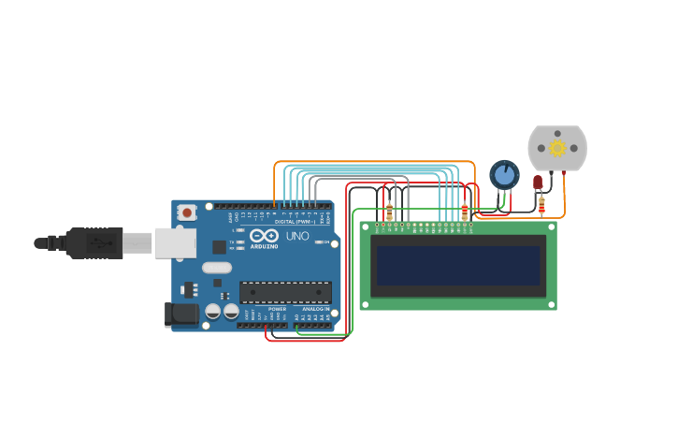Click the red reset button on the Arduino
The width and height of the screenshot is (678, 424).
[x=187, y=212]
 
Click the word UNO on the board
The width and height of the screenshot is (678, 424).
[x=296, y=237]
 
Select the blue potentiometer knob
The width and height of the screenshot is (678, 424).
[x=504, y=174]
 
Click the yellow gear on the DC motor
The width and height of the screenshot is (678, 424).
[x=557, y=148]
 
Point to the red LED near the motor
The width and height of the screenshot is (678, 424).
[x=538, y=182]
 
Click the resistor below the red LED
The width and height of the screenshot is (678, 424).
[x=541, y=205]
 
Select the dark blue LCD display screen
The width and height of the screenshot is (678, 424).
[x=458, y=266]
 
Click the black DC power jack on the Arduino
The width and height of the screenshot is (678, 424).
[x=181, y=314]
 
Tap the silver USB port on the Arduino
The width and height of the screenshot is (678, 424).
[x=175, y=242]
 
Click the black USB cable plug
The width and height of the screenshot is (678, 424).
[x=94, y=242]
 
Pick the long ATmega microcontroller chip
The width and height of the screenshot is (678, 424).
[x=284, y=292]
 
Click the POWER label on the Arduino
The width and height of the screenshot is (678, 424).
[x=278, y=309]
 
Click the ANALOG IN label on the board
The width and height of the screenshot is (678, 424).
[x=315, y=309]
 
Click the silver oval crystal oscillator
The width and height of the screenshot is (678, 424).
[x=216, y=268]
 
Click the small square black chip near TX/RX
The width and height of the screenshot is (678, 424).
[x=219, y=247]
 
